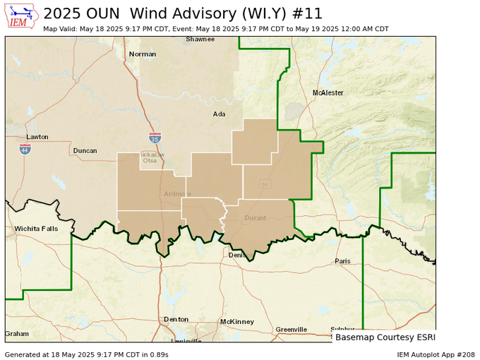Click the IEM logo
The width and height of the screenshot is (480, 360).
[x=21, y=16]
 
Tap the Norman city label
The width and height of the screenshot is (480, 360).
[x=142, y=54]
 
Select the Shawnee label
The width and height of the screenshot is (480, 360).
[x=200, y=40]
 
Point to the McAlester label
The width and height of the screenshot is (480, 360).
[x=328, y=92]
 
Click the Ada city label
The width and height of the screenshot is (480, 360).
[x=220, y=114]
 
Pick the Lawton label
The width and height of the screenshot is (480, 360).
[x=37, y=137]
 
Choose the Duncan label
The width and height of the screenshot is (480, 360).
[x=85, y=150]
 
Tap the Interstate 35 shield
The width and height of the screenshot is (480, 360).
[x=155, y=138]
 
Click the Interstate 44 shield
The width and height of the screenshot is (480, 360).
[x=25, y=150]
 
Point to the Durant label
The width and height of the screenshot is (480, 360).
[x=255, y=218]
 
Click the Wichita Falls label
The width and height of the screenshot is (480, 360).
[x=35, y=229]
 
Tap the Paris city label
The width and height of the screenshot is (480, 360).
[x=342, y=260]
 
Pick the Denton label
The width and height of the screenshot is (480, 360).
[x=176, y=319]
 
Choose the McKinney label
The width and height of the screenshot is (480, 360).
[x=236, y=321]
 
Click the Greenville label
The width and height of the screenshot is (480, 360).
[x=291, y=330]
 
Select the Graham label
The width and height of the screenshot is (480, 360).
[x=17, y=333]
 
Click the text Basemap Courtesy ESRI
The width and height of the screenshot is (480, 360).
[x=385, y=337]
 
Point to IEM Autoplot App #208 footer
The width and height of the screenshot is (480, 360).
[x=435, y=354]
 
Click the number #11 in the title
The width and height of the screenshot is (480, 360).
[x=312, y=13]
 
